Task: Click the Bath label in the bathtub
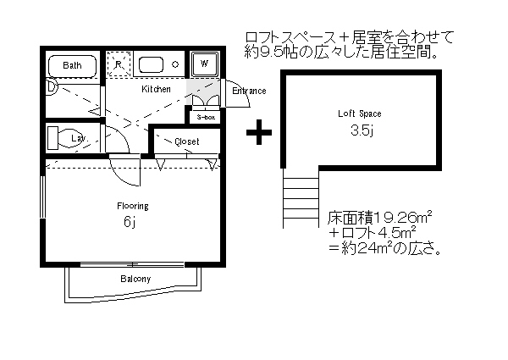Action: (71, 65)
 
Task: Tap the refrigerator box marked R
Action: (119, 64)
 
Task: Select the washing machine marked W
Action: (204, 63)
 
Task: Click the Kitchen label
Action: (156, 89)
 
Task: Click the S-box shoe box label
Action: (206, 118)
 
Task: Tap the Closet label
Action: (187, 141)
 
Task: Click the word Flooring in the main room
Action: (133, 206)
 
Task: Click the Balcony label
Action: (135, 279)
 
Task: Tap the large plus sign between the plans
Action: (259, 131)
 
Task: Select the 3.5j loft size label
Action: (361, 130)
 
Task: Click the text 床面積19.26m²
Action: (380, 218)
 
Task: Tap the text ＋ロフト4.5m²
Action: (374, 234)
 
